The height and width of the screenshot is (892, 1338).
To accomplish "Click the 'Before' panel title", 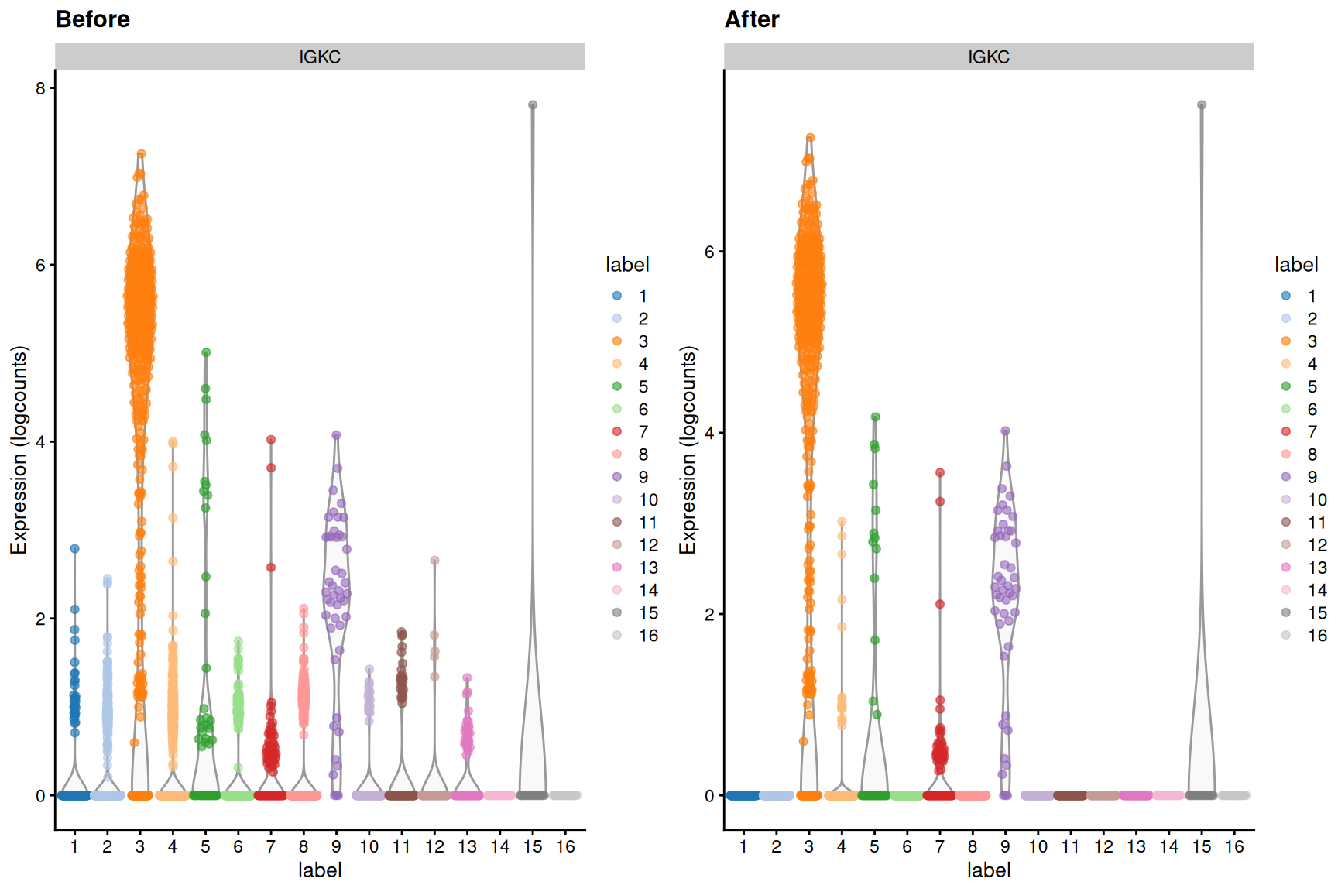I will [x=93, y=19].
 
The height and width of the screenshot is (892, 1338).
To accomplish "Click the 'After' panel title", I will [x=751, y=19].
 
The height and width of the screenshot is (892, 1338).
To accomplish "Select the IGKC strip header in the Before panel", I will [x=320, y=57].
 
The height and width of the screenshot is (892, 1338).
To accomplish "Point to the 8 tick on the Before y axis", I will [x=40, y=88].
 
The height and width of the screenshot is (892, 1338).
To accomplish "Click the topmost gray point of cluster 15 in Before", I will [x=533, y=105].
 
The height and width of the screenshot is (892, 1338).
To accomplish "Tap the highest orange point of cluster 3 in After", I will [x=810, y=138].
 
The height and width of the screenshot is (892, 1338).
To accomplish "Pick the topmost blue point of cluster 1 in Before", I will [x=75, y=548].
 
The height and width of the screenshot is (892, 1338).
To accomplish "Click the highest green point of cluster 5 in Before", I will [x=206, y=352].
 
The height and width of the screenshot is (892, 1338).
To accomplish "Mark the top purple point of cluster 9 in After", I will [x=1005, y=431].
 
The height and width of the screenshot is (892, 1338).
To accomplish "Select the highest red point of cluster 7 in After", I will [x=940, y=472].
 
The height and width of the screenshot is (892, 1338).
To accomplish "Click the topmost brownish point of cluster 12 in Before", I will [x=434, y=560].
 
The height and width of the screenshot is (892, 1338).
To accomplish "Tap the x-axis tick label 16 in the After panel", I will [x=1234, y=847].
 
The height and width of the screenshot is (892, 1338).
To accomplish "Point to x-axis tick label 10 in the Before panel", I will [x=369, y=847].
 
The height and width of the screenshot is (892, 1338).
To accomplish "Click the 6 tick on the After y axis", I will [x=709, y=252].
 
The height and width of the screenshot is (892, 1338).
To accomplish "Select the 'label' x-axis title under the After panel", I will [x=988, y=870].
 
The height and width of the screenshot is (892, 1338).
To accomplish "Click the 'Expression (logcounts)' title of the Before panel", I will [x=19, y=449].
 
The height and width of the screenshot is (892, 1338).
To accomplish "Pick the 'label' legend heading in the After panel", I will [x=1295, y=265].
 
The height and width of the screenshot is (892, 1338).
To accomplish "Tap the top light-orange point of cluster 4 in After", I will [x=842, y=522].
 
